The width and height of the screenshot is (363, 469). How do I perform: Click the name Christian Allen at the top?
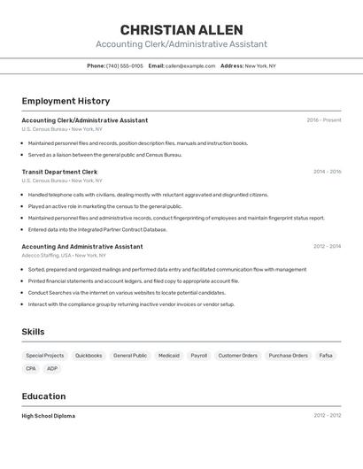point(181,30)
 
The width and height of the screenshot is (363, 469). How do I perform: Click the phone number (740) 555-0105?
point(125,65)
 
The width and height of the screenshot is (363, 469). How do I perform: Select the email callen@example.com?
point(190,65)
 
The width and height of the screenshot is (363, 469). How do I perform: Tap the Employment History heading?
point(66,101)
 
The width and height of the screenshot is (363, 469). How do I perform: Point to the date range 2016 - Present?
point(324,120)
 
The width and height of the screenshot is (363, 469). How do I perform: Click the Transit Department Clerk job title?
point(59,172)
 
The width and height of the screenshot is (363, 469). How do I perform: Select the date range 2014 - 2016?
point(327,172)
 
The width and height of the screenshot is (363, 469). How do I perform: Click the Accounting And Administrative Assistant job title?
point(81,247)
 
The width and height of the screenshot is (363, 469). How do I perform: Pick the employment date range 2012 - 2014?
point(327,247)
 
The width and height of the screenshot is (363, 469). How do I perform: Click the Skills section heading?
point(34,332)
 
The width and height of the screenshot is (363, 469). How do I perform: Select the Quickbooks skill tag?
point(89,356)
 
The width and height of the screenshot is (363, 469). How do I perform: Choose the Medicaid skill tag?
point(168,356)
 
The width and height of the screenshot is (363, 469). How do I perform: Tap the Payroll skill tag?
point(199,356)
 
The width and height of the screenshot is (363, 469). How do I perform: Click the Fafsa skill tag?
point(326,356)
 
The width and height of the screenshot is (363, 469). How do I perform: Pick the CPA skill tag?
point(31,368)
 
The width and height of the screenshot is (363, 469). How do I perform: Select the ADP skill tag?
point(52,368)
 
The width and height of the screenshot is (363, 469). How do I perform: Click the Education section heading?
point(43,396)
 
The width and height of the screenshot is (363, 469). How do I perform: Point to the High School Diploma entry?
point(48,416)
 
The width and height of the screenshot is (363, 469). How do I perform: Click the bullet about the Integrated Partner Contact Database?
point(97,229)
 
